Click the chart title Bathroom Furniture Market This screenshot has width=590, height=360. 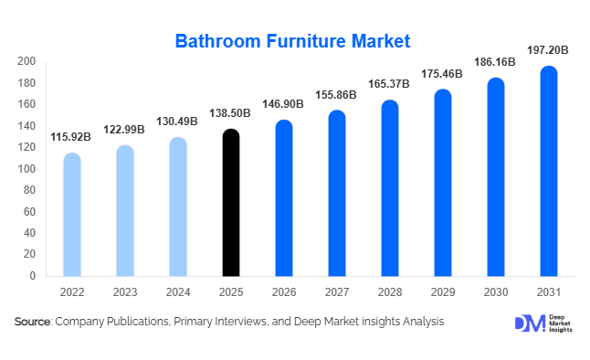tap(293, 41)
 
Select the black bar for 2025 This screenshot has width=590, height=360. tap(231, 203)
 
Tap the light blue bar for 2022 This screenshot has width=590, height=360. tap(71, 215)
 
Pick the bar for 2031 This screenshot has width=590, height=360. tap(549, 171)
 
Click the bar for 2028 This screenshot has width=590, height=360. tap(390, 188)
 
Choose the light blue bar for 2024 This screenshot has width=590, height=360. tap(178, 206)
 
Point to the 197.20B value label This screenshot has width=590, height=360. tap(548, 50)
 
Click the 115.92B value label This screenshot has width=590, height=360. tap(71, 137)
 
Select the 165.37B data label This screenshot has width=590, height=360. tap(390, 84)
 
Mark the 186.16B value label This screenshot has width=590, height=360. tap(496, 61)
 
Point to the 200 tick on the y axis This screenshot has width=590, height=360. tap(26, 61)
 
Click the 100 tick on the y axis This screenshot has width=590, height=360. tap(26, 169)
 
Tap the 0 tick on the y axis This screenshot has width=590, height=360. tap(33, 276)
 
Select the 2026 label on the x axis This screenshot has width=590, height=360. tap(284, 293)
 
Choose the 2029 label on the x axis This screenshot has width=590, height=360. tap(443, 293)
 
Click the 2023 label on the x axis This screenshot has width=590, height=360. tap(125, 293)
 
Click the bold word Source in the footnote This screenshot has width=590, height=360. tap(32, 323)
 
